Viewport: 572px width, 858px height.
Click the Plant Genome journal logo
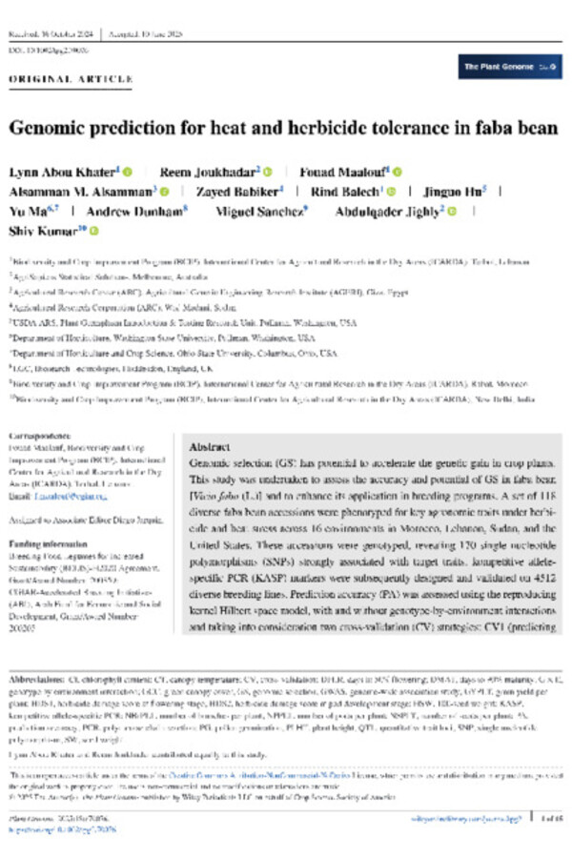(x=509, y=67)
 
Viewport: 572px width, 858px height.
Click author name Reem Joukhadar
(x=212, y=171)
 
